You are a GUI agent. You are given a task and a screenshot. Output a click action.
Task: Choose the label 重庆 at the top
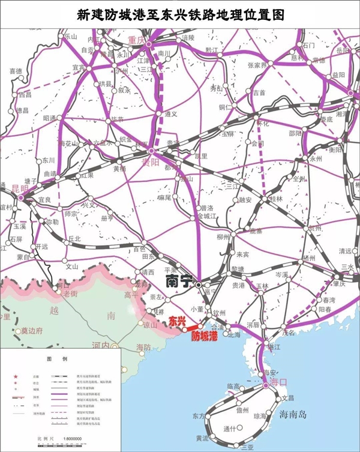point(137,40)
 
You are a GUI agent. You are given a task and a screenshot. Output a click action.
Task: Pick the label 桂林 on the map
point(275,198)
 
